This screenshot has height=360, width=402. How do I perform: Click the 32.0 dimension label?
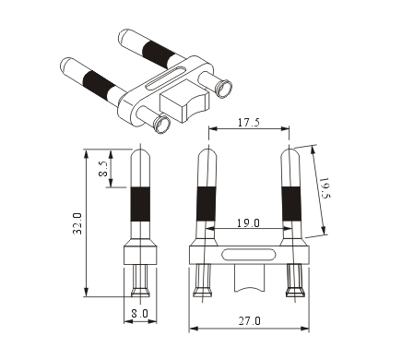[77, 223]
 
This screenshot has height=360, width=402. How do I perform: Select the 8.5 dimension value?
[104, 169]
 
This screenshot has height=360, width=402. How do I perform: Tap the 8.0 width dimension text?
[139, 314]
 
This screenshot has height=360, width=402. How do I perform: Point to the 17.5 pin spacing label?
[249, 122]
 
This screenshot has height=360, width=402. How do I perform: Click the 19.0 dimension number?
[248, 222]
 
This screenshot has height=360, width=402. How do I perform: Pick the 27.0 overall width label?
[250, 321]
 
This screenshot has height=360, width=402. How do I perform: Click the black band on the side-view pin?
[140, 204]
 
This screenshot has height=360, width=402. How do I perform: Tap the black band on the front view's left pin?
[207, 204]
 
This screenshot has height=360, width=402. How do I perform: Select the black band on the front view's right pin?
[291, 204]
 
